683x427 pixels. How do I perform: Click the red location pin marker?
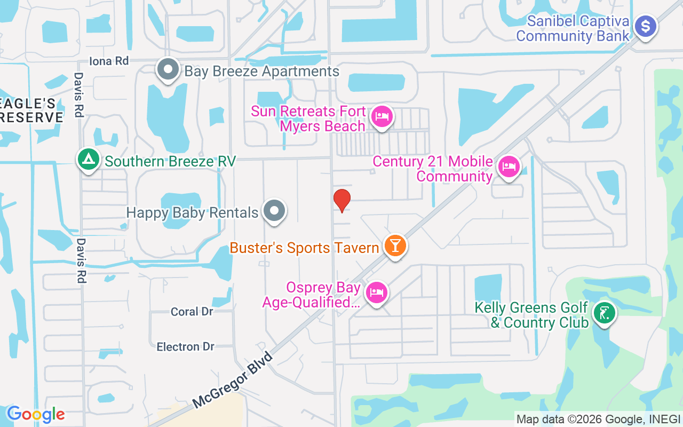click(x=342, y=200)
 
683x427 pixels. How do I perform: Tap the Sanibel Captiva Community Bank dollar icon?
click(x=646, y=26)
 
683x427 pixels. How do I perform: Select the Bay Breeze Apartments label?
click(x=261, y=71)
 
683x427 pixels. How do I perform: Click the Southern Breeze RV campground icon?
click(x=88, y=159)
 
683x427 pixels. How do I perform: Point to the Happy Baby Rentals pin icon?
click(x=275, y=211)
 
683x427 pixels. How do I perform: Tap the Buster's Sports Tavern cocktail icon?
click(x=395, y=246)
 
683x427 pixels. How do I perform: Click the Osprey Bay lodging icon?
click(x=377, y=292)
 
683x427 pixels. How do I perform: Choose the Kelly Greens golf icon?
click(x=605, y=313)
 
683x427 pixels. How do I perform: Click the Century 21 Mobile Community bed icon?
click(x=509, y=167)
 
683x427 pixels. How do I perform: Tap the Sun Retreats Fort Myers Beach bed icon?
click(x=382, y=116)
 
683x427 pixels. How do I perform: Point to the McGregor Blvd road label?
click(x=233, y=380)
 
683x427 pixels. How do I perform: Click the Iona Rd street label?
click(x=109, y=61)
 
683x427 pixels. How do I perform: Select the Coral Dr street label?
click(x=192, y=311)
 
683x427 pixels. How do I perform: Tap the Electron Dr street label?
click(x=185, y=347)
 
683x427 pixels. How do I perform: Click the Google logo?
click(x=36, y=414)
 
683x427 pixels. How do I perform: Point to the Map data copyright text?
click(x=598, y=419)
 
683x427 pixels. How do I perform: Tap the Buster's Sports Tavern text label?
click(x=304, y=248)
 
